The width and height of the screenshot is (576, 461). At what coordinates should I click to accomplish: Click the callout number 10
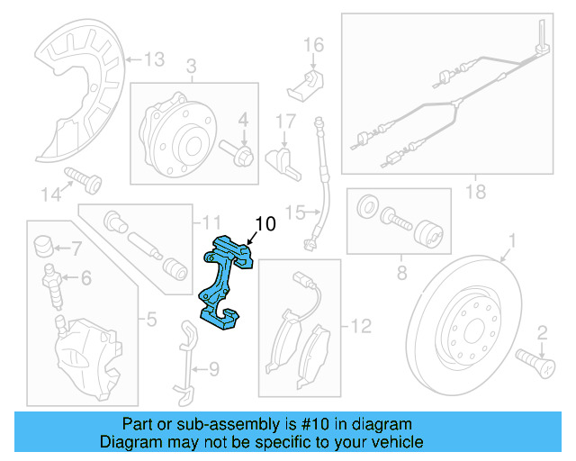[266, 224]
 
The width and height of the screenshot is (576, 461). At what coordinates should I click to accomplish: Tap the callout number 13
[154, 59]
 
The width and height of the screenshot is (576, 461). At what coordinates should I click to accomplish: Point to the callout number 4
[242, 119]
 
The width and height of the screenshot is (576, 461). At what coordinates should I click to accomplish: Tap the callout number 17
[285, 121]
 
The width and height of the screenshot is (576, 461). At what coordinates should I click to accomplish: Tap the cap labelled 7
[42, 246]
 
